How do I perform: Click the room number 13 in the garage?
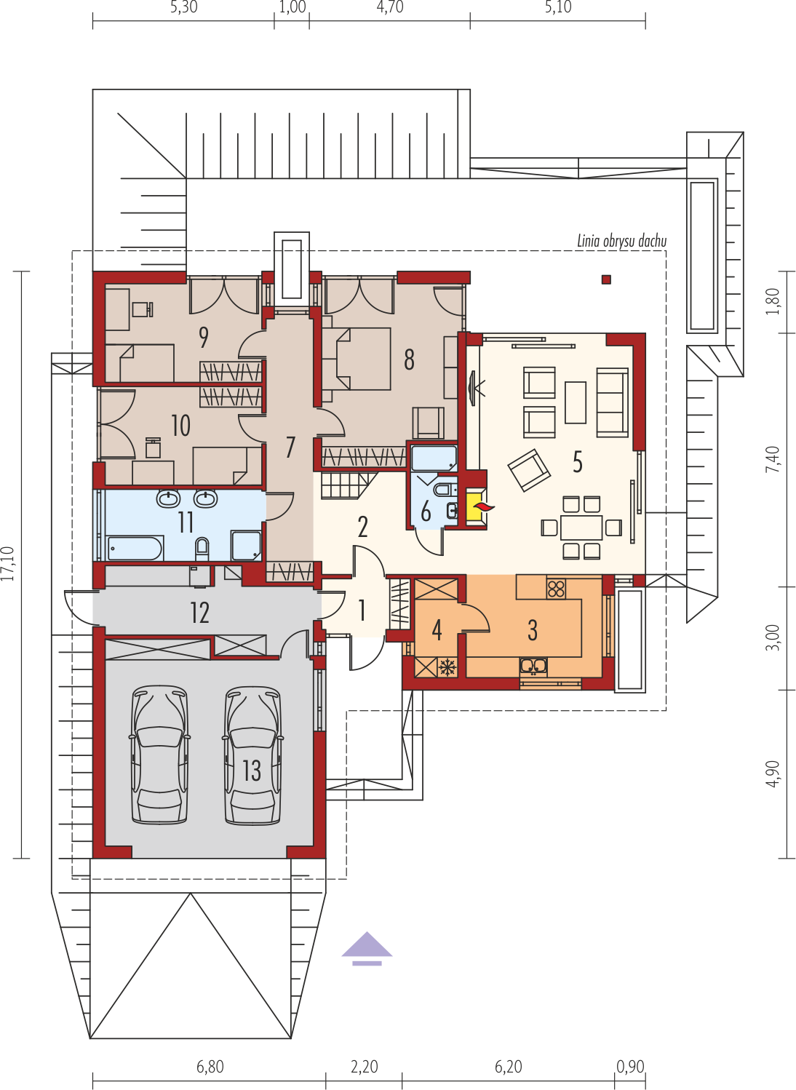(252, 771)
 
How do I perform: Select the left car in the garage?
(159, 755)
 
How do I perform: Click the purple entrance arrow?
(367, 948)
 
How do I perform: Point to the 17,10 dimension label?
(8, 564)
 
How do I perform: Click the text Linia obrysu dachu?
(621, 241)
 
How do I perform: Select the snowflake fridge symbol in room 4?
(445, 667)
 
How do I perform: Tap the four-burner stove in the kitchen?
(555, 589)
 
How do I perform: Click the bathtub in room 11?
(135, 548)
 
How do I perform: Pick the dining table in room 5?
(581, 528)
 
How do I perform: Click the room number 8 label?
(409, 359)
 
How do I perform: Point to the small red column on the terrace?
(606, 279)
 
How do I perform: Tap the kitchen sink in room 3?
(533, 667)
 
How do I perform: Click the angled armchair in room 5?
(529, 469)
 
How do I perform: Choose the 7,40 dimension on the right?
(773, 459)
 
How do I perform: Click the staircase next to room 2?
(349, 485)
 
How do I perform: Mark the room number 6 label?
(426, 512)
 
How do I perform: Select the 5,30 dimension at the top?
(184, 7)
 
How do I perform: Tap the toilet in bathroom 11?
(202, 549)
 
